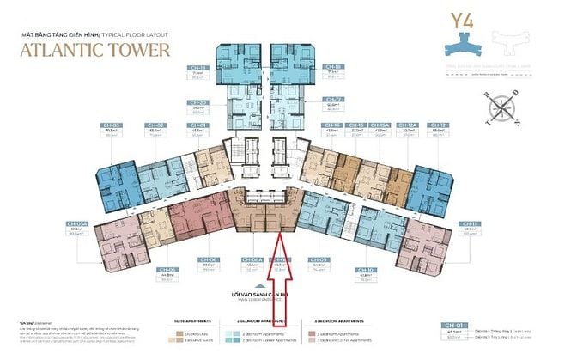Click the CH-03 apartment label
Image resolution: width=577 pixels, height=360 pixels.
[x=112, y=125]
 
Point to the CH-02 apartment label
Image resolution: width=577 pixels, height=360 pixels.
[x=158, y=125]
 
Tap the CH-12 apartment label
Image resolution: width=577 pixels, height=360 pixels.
[x=439, y=125]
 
